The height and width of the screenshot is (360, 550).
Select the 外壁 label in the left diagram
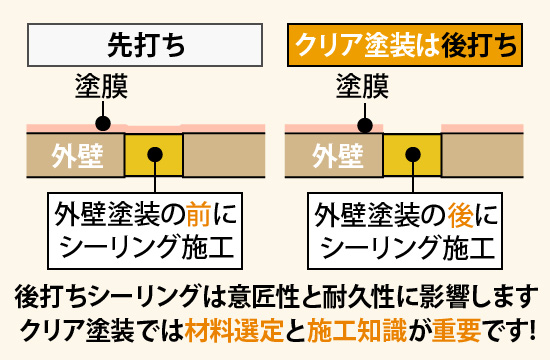(x=75, y=156)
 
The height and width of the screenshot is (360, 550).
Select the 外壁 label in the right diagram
(x=337, y=156)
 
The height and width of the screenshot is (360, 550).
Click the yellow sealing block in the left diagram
(x=154, y=155)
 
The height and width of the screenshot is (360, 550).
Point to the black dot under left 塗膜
(x=101, y=125)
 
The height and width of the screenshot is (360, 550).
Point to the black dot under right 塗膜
(x=366, y=125)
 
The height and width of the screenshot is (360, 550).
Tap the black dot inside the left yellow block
(x=155, y=154)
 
